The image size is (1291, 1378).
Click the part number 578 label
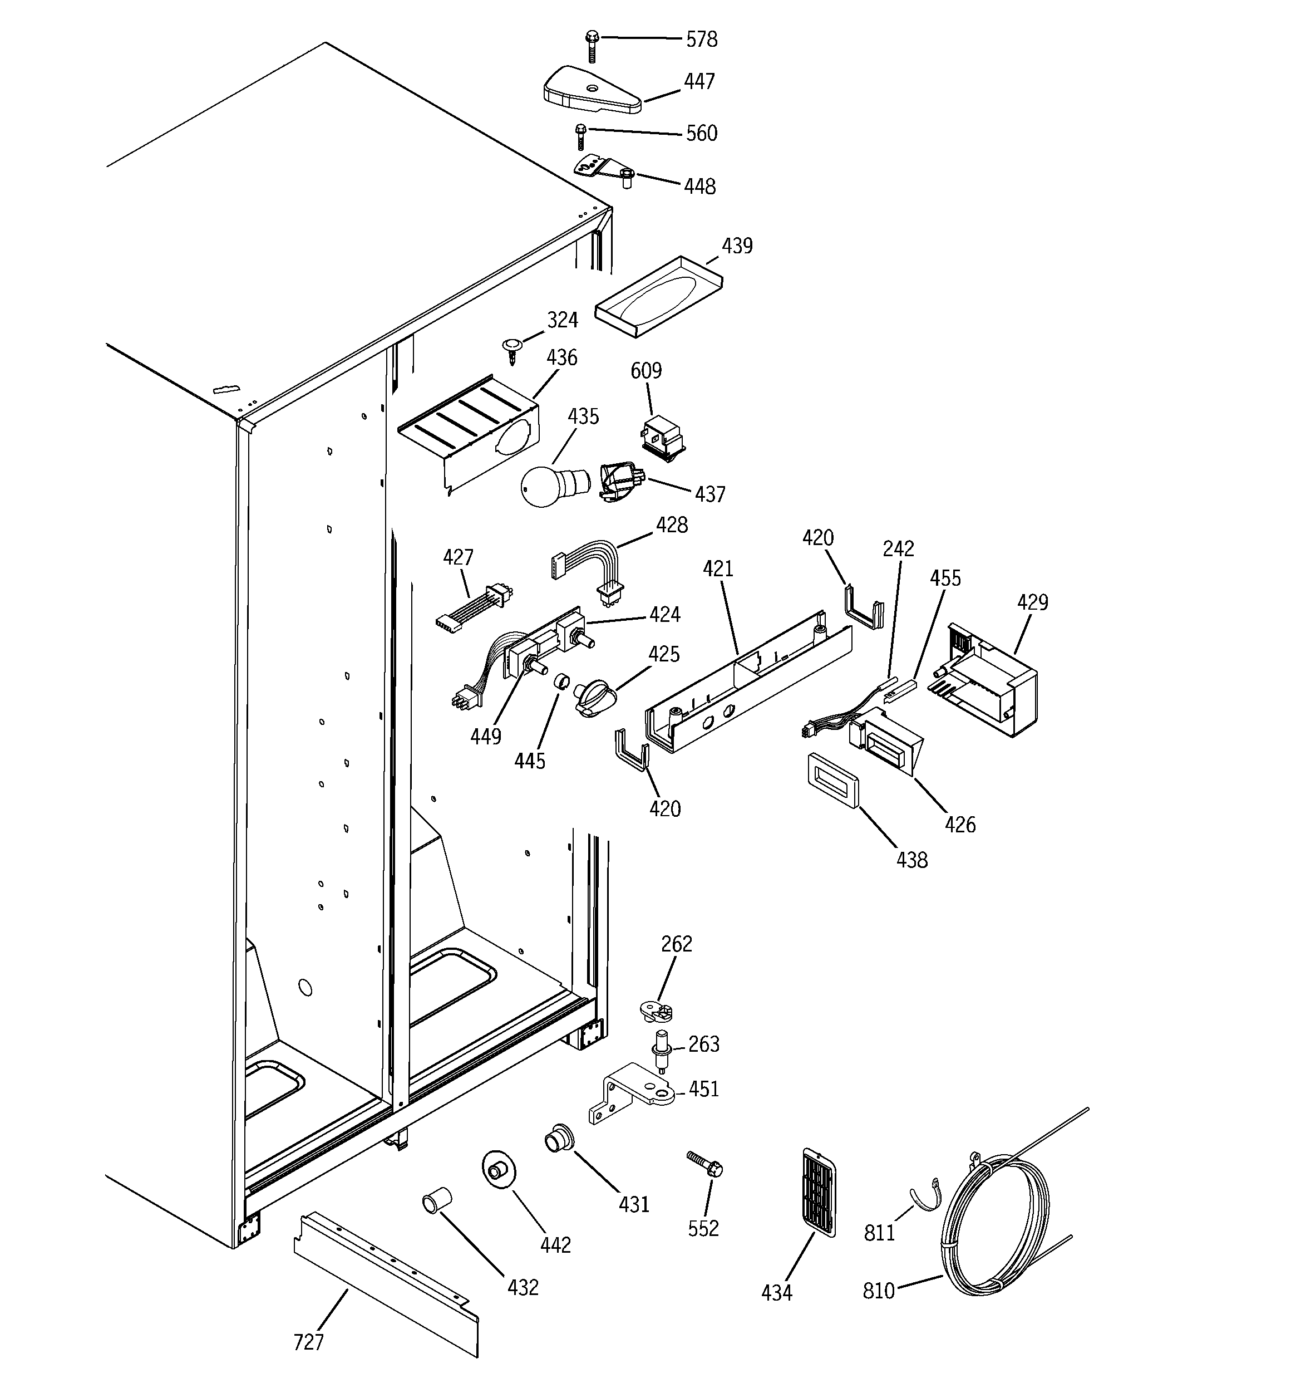(x=701, y=40)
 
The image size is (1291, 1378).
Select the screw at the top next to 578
(x=592, y=46)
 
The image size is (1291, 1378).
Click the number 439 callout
(x=737, y=246)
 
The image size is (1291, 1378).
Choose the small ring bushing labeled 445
(x=561, y=683)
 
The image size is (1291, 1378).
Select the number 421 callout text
(x=718, y=569)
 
